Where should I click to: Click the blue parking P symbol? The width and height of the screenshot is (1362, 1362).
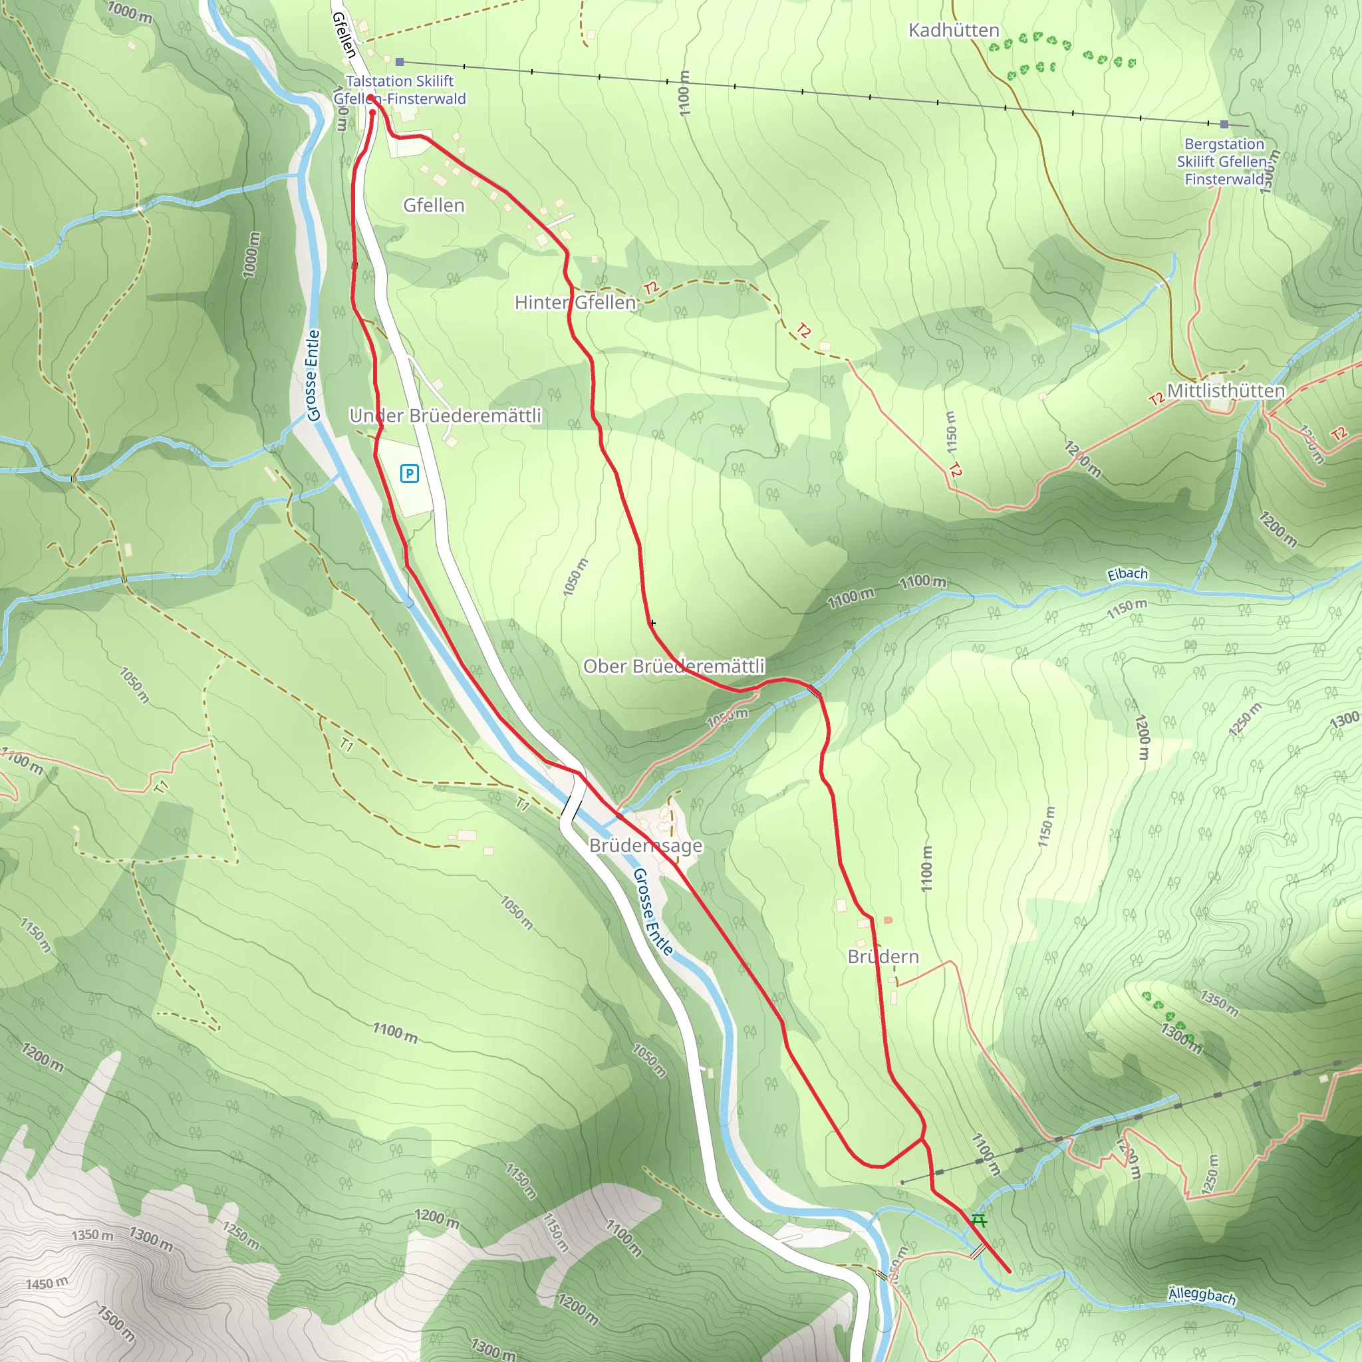click(409, 473)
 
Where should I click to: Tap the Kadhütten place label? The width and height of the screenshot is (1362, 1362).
click(953, 31)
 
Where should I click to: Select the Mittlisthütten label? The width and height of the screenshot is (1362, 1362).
click(1225, 390)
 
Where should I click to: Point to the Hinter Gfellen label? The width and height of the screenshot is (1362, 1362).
click(575, 303)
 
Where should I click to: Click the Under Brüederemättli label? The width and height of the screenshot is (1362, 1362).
click(445, 415)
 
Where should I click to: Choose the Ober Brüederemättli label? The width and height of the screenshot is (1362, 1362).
click(673, 666)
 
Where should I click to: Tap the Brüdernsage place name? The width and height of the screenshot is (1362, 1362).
click(645, 845)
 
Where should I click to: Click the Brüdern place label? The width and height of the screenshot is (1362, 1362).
click(883, 956)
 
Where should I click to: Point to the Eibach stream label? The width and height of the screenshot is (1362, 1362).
click(1127, 575)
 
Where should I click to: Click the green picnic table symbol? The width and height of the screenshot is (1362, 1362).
click(978, 1220)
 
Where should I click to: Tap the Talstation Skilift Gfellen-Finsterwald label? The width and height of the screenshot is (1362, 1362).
click(400, 90)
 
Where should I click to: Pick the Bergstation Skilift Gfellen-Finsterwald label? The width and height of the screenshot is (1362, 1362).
click(1224, 162)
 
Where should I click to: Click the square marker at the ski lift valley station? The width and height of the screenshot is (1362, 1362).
click(400, 62)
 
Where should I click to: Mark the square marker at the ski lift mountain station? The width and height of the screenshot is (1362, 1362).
click(1224, 124)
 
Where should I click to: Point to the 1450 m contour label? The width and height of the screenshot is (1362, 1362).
click(47, 1283)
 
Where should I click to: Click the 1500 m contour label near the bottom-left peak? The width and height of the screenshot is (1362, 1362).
click(116, 1323)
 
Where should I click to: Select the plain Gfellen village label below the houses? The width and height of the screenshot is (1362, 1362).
click(434, 205)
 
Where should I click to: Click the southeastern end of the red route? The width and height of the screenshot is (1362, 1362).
click(1009, 1272)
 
